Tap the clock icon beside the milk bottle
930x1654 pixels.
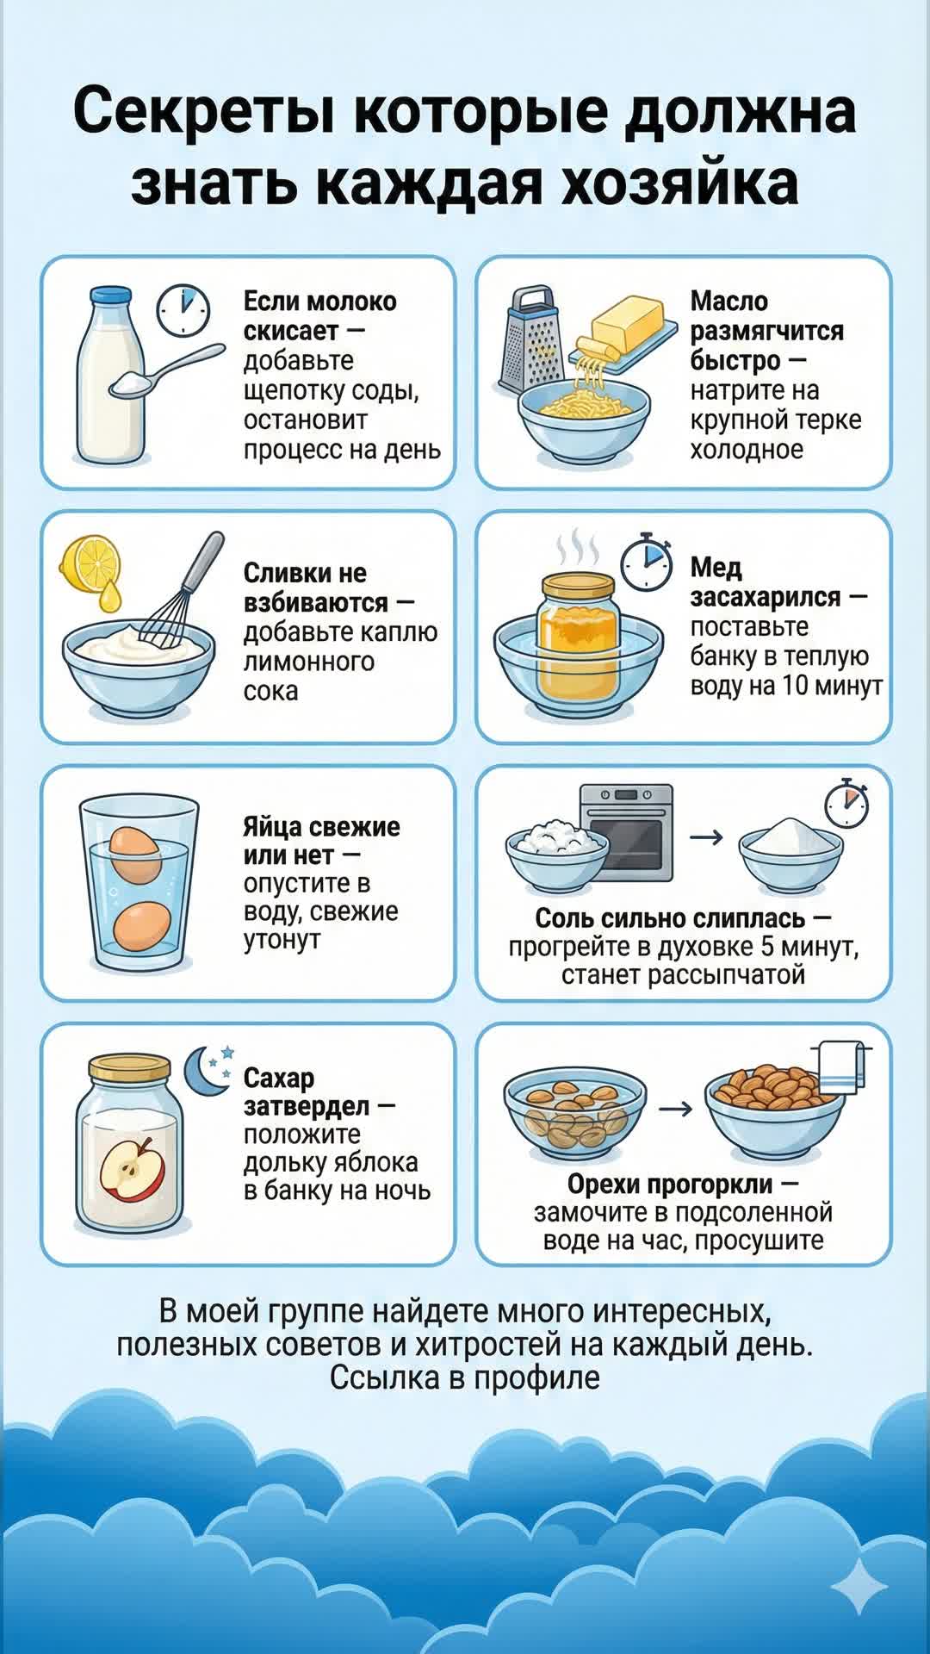pos(183,311)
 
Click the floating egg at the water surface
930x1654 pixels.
pos(136,855)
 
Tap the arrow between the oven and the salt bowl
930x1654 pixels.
pos(706,836)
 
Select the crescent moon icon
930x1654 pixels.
pos(203,1071)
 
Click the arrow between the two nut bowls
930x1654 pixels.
pos(675,1109)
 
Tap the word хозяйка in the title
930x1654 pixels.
pos(679,183)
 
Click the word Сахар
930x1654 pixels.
pos(279,1078)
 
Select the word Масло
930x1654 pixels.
pos(729,302)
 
